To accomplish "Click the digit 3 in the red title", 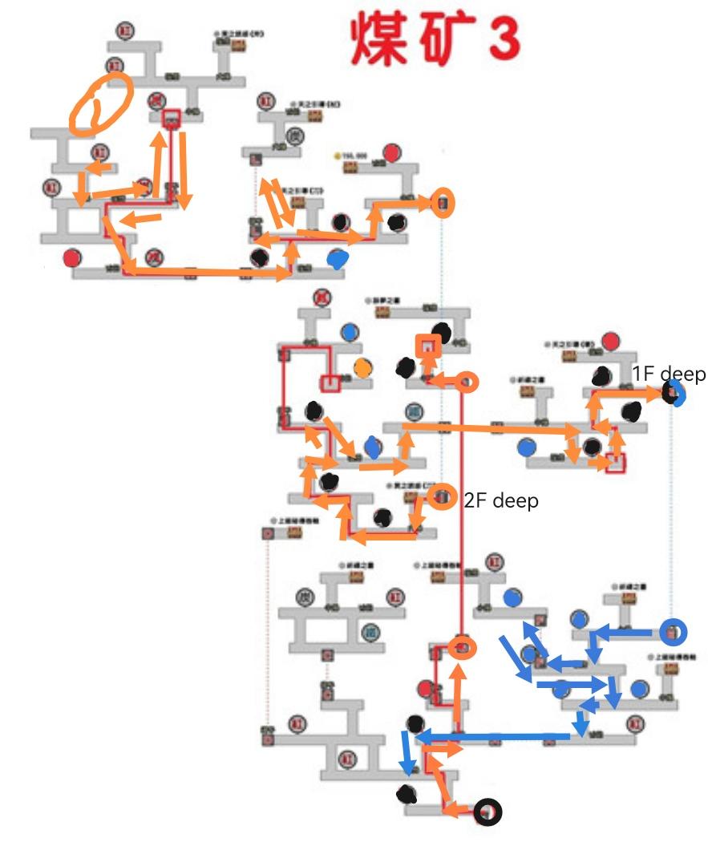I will tap(502, 36).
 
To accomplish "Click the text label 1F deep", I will tap(669, 374).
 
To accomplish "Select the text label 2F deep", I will tap(501, 500).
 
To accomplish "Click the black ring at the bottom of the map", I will tap(487, 812).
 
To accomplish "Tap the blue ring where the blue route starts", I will tap(673, 632).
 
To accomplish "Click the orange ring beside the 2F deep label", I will tap(441, 497).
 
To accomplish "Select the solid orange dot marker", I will tap(363, 367).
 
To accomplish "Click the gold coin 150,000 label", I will tap(350, 155).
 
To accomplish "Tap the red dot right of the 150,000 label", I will tap(391, 152).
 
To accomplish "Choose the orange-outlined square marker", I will tap(428, 346).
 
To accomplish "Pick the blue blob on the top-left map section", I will tap(338, 258).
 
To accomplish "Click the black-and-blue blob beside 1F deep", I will tap(673, 393).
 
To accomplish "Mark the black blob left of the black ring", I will tap(407, 795).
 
